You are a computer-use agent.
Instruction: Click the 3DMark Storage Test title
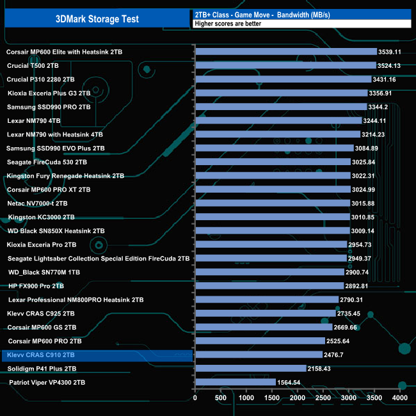96,19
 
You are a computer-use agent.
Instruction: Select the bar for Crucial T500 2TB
284,65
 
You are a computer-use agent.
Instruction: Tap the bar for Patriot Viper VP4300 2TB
235,382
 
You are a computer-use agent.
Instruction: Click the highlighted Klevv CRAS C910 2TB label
42,355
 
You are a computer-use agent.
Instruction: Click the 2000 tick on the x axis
298,399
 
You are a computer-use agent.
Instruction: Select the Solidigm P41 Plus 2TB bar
250,369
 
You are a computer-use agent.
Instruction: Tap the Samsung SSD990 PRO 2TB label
49,107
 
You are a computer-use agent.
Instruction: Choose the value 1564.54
291,383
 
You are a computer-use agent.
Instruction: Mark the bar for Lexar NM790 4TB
278,120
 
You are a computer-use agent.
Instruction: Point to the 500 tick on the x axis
221,399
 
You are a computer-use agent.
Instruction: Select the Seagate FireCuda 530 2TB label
47,162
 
